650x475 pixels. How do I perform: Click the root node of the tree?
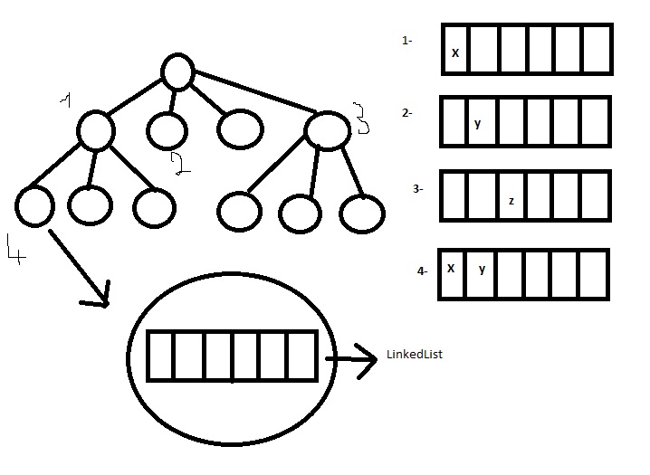pos(178,71)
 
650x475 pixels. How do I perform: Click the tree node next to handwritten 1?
pos(95,129)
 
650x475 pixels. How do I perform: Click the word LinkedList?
pos(415,355)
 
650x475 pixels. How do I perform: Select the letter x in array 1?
pos(454,53)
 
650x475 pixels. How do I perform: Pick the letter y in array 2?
pos(478,123)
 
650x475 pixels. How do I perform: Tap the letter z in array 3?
pos(511,201)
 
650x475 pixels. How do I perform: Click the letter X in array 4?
pos(451,269)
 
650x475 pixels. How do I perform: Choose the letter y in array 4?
pos(482,269)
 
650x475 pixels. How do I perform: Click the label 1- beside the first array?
pos(406,41)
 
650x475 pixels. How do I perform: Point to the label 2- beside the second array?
pos(407,113)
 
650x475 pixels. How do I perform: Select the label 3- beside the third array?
pos(417,189)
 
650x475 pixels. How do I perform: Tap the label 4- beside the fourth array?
pos(422,270)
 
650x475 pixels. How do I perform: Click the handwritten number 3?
pos(359,118)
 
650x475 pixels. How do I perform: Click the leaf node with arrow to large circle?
pos(34,205)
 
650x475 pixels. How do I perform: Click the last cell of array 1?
pos(597,48)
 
